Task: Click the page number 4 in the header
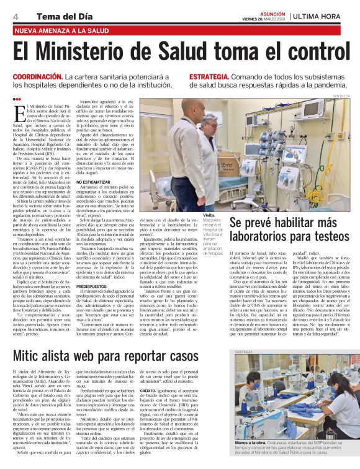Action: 14,15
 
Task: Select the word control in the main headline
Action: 302,50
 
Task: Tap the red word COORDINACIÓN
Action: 37,76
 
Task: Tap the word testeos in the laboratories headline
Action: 324,236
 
